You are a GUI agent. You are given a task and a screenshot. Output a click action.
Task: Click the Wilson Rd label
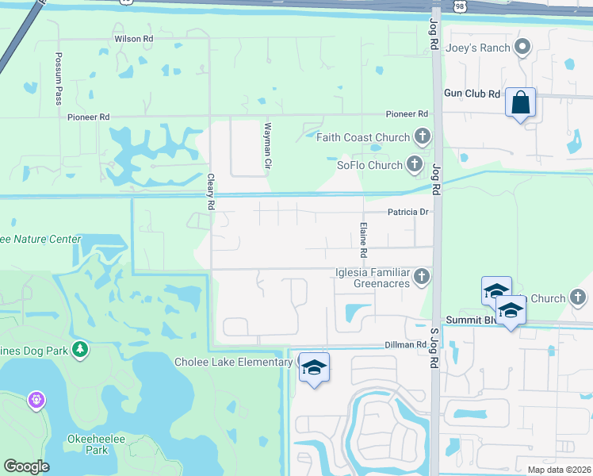[133, 38]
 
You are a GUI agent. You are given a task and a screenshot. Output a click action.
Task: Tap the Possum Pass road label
[59, 79]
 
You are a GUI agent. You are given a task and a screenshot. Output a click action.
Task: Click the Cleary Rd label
[211, 191]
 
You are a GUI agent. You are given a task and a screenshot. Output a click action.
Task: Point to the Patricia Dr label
[407, 212]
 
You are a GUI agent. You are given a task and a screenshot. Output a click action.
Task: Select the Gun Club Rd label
[472, 94]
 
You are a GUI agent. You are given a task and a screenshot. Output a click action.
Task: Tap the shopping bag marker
[520, 104]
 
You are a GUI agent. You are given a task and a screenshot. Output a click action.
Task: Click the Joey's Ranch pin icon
[522, 48]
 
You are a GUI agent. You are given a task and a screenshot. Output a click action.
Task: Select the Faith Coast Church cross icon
[423, 137]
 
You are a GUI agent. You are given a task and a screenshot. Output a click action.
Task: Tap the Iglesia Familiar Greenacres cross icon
[422, 277]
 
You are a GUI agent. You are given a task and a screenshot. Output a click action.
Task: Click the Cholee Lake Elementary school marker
[314, 368]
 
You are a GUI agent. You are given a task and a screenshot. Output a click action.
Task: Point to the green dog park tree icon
[79, 349]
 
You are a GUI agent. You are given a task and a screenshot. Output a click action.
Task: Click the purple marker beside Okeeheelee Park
[35, 400]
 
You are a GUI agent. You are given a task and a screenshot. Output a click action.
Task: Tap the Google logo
[26, 466]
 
